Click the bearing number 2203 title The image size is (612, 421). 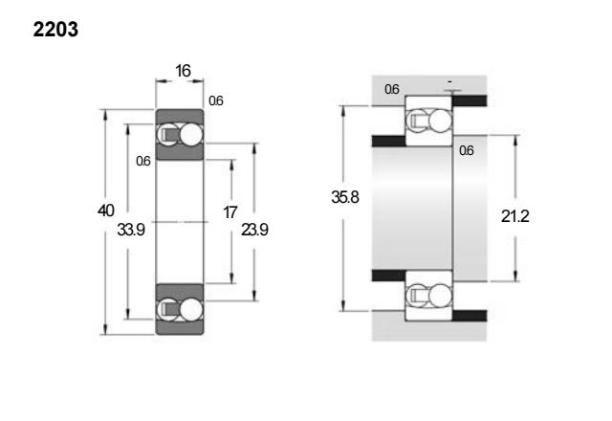[55, 30]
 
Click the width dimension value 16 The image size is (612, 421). [183, 71]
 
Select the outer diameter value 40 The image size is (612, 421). [106, 210]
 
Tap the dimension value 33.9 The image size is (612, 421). [131, 230]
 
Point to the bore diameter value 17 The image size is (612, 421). [229, 212]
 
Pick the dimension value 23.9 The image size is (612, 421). [254, 230]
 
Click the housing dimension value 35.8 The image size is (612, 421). [345, 197]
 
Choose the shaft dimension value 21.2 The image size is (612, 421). [515, 216]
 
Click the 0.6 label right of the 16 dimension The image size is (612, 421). [216, 101]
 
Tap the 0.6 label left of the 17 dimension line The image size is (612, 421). [143, 161]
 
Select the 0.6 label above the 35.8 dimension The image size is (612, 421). [392, 89]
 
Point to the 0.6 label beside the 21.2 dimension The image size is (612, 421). [467, 150]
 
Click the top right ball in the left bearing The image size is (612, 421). [191, 135]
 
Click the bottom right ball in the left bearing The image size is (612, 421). [191, 309]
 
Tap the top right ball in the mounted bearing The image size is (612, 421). [440, 121]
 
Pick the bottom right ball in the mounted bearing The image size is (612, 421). [440, 296]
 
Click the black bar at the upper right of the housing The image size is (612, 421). [470, 100]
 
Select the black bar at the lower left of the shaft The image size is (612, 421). [389, 276]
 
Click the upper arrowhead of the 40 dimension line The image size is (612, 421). [104, 115]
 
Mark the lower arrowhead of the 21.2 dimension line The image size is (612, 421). [516, 276]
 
